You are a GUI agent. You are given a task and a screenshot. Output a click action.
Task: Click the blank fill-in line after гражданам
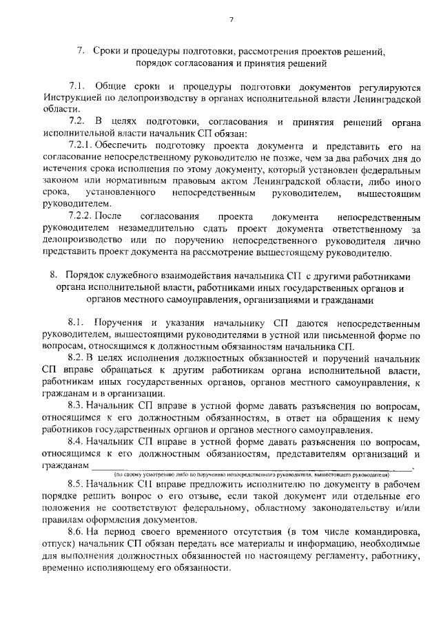coord(251,467)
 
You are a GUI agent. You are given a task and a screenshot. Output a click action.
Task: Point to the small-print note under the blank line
coord(252,475)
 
